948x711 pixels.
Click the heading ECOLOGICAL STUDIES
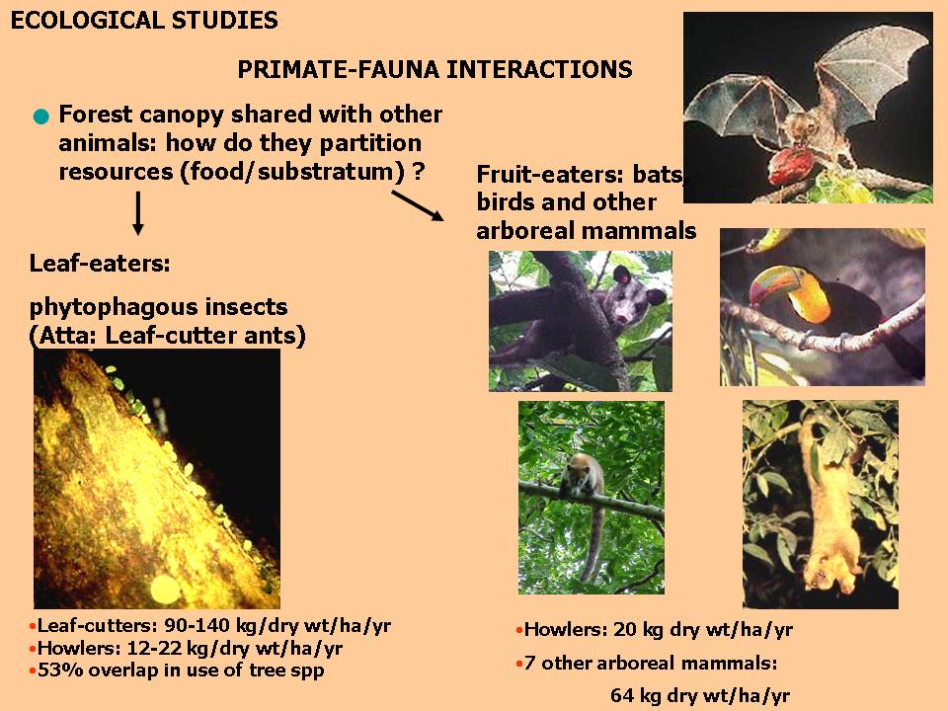point(144,21)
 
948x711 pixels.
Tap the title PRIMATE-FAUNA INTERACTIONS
point(434,69)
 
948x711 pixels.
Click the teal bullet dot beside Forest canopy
point(41,117)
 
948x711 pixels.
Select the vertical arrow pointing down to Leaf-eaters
point(138,213)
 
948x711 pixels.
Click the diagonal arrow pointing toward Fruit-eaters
point(418,206)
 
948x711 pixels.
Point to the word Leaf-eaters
point(100,264)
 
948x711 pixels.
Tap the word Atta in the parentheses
point(64,336)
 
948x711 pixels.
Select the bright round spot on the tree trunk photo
point(165,590)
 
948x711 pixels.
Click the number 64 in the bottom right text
point(621,695)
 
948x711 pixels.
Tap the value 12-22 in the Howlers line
point(156,649)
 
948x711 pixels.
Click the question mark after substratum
point(418,172)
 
